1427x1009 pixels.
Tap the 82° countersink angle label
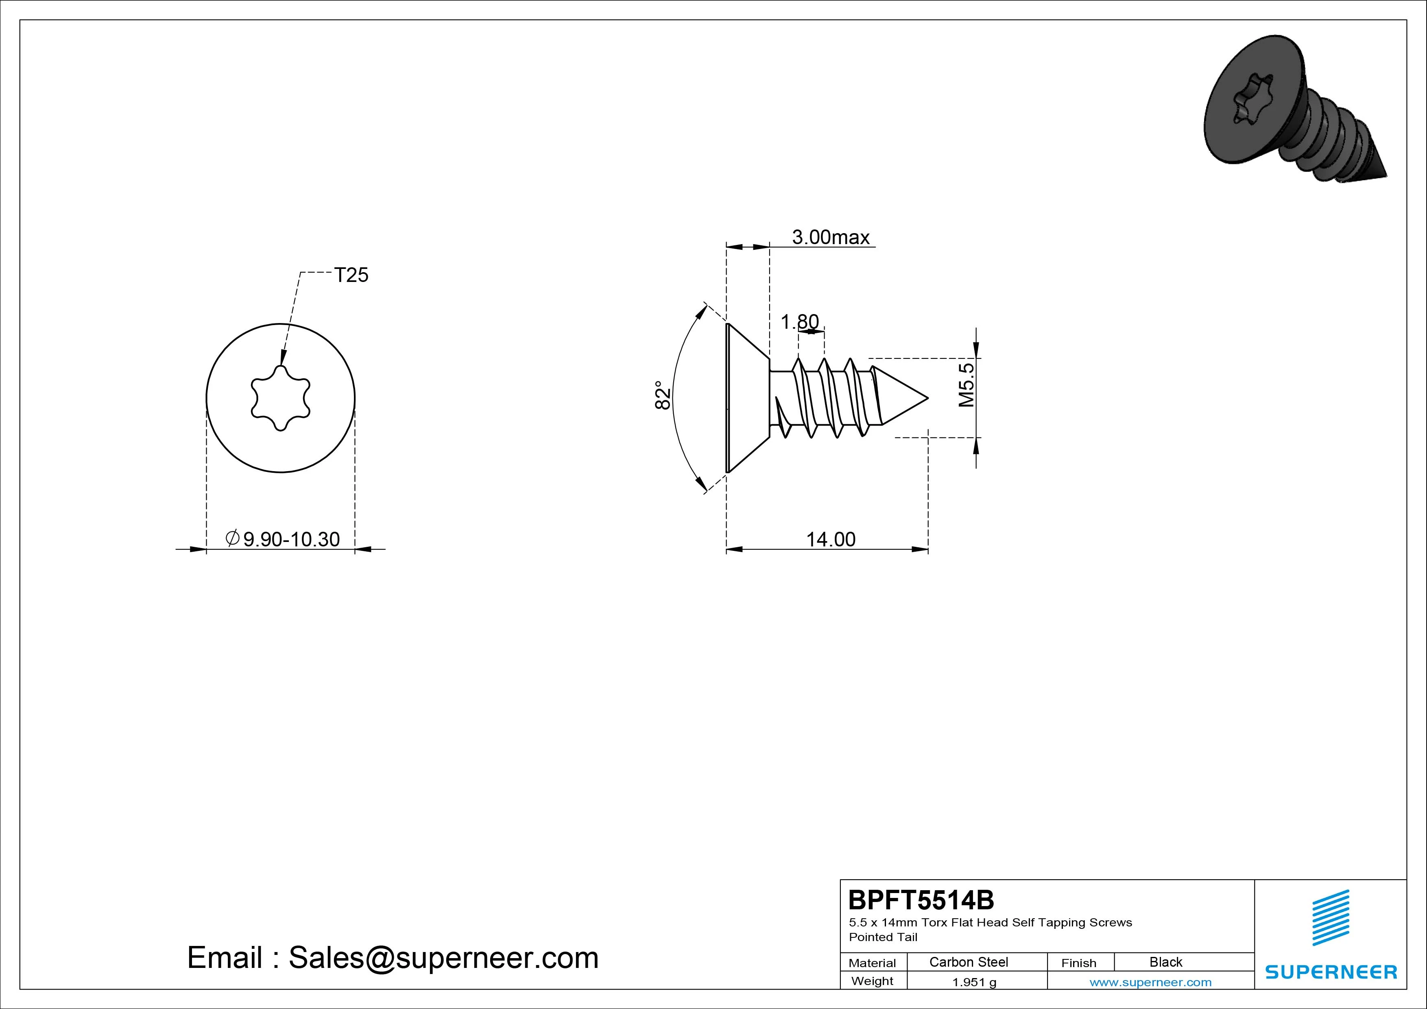[663, 395]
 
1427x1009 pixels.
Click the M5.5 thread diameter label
[967, 385]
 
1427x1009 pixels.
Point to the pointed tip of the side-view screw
[927, 398]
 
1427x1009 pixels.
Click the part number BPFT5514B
[921, 900]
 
